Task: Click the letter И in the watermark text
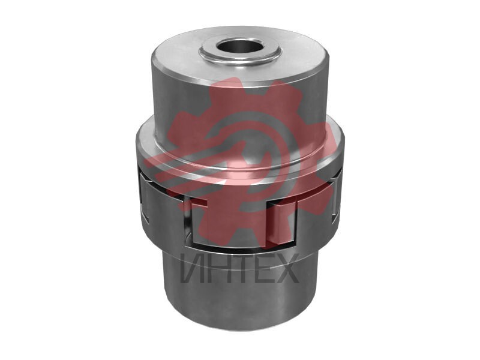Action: click(x=192, y=268)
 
